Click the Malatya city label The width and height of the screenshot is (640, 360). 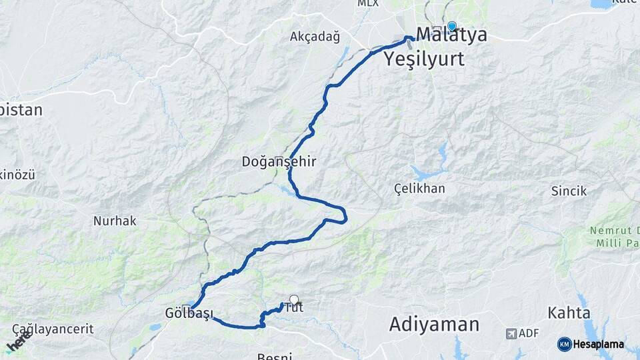point(451,35)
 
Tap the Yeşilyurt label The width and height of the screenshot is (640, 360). point(424,59)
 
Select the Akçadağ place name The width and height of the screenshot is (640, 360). point(315,37)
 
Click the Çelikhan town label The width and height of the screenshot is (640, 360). point(419,189)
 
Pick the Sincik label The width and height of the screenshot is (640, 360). point(569,191)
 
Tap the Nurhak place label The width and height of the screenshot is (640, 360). point(115,221)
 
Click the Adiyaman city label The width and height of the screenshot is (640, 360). point(434,325)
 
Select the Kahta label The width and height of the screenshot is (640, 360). point(569,312)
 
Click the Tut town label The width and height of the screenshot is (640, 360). point(294,308)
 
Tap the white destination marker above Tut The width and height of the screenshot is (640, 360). point(293,300)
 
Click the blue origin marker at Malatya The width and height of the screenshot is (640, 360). point(451,26)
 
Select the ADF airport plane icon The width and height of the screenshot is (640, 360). point(511,333)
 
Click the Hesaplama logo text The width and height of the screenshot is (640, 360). point(599,345)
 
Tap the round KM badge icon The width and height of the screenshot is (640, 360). point(564,344)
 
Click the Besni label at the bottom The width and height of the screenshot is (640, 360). point(275,357)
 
